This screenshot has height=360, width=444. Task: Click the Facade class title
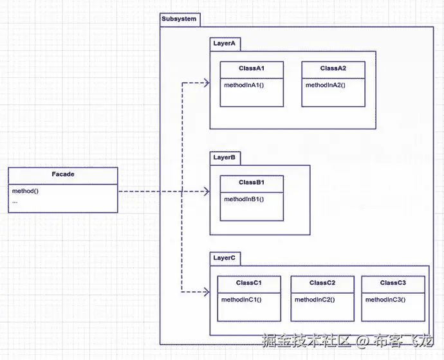[x=63, y=174]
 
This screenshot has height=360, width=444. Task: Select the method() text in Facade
[x=25, y=191]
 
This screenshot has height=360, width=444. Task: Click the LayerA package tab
[x=225, y=44]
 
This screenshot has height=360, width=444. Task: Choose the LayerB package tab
[x=225, y=157]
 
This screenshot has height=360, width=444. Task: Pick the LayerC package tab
[x=225, y=258]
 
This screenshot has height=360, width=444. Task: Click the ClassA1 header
[x=252, y=68]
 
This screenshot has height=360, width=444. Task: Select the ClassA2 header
[x=333, y=68]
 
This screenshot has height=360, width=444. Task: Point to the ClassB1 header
[x=252, y=183]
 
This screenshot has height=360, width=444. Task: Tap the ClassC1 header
[x=249, y=283]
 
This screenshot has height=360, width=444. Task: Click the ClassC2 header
[x=322, y=283]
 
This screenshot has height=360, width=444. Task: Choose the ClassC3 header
[x=393, y=283]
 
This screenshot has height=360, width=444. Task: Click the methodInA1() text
[x=245, y=85]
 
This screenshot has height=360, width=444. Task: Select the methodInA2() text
[x=326, y=85]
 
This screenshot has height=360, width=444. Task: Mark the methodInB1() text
[x=244, y=199]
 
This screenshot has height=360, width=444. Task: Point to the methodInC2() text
[x=315, y=300]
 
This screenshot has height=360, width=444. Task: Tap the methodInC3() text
[x=385, y=300]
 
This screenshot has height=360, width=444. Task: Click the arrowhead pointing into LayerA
[x=207, y=82]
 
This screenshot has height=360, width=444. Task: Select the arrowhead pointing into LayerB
[x=207, y=192]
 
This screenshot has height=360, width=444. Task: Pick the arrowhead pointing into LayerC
[x=207, y=292]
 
